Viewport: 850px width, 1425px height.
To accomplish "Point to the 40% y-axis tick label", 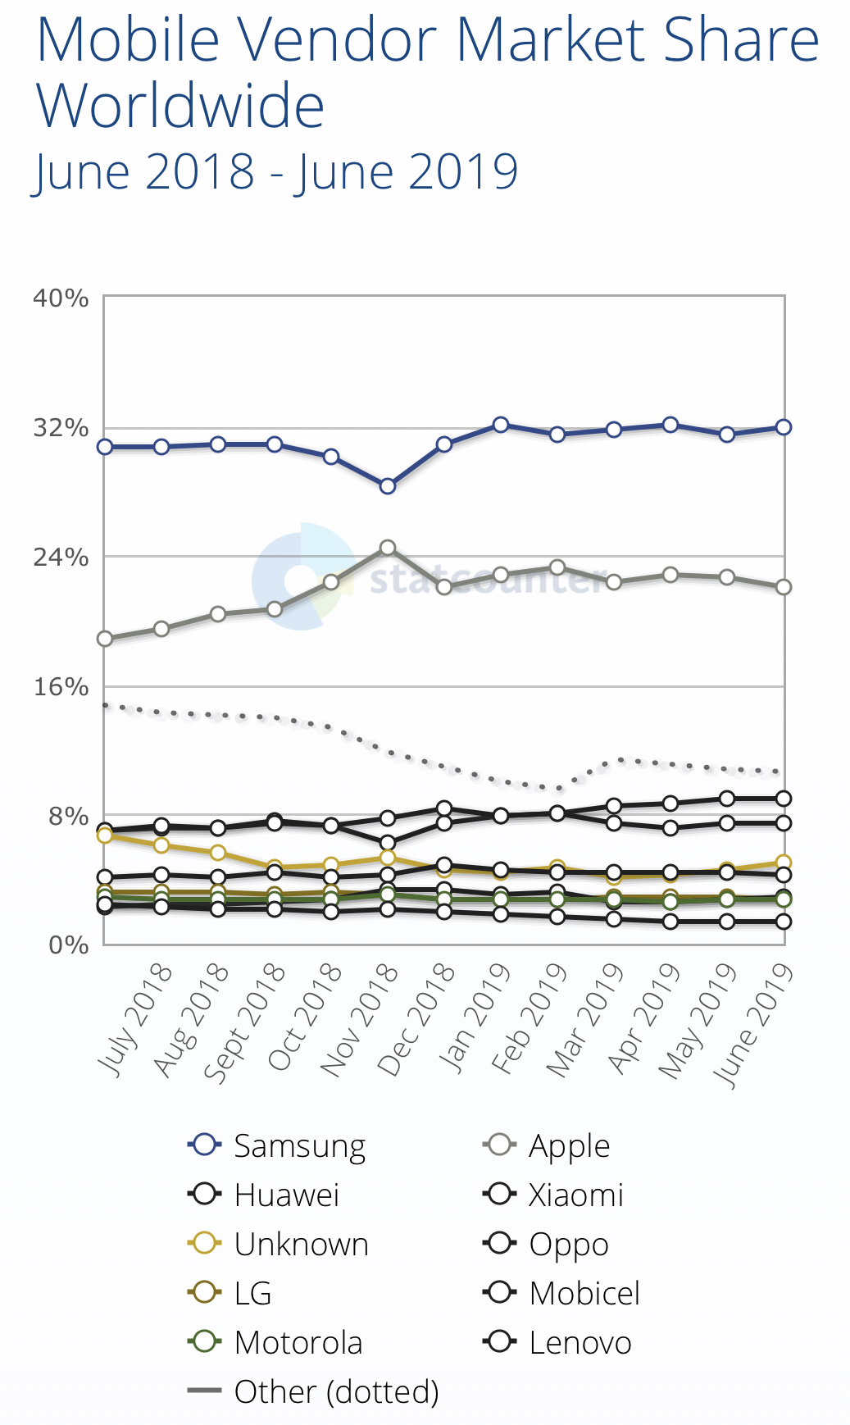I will pos(61,298).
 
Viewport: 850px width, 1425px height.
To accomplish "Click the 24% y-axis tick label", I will pos(61,558).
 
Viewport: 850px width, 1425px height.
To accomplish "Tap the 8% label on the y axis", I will pos(68,816).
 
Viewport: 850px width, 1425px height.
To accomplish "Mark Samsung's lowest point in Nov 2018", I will pos(388,486).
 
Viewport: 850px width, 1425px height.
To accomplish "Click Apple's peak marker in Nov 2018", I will pos(388,548).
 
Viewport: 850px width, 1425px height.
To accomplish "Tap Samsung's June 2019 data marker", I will pos(784,427).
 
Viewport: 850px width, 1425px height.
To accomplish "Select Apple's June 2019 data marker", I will pos(784,587).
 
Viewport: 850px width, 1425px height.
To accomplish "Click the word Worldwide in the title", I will pos(180,107).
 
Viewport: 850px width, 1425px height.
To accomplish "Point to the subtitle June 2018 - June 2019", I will pos(275,171).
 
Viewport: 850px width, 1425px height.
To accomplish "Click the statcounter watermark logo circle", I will pos(302,577).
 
